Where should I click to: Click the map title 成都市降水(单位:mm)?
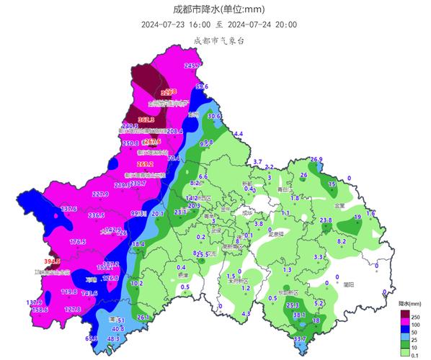tap(215, 9)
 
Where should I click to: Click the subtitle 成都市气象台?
tap(215, 41)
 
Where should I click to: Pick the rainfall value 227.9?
tap(100, 194)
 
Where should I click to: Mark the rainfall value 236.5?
tap(96, 215)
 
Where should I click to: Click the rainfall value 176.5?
tap(77, 242)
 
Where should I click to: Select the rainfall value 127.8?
tap(73, 310)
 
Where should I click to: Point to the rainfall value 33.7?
tap(300, 338)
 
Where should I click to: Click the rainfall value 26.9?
tap(316, 159)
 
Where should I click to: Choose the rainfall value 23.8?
tap(325, 220)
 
